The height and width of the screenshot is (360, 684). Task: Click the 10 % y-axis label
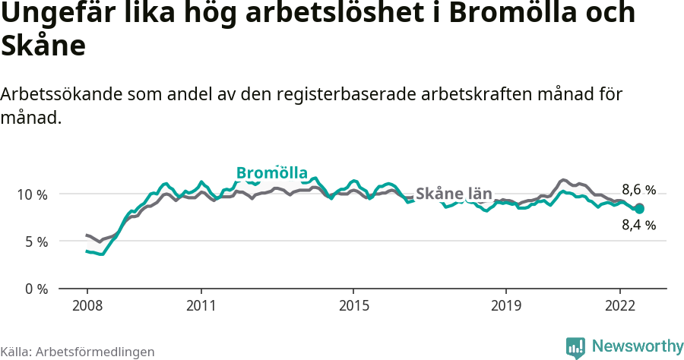click(33, 194)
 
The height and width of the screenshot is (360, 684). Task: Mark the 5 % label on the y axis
click(36, 242)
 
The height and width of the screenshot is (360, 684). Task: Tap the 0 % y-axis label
click(36, 289)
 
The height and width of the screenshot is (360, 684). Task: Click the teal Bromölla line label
click(271, 173)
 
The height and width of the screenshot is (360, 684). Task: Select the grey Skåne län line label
click(454, 193)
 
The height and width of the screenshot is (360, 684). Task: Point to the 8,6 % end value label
click(638, 190)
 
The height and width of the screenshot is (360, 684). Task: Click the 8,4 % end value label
click(638, 225)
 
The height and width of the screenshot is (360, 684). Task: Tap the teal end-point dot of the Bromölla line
click(639, 208)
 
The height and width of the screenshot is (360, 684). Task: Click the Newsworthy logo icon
click(575, 347)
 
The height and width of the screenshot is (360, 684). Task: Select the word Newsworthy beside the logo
click(637, 346)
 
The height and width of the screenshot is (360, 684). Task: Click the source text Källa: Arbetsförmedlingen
click(78, 352)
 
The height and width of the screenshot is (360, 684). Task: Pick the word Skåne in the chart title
click(43, 46)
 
